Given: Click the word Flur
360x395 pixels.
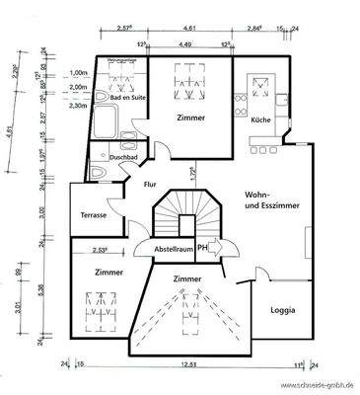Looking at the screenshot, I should coord(150,184).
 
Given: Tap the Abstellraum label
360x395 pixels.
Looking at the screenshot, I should coord(174,250).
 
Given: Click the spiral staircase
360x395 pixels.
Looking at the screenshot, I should coord(181,215).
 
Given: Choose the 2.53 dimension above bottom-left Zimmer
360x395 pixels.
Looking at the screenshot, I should coord(100,250).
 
